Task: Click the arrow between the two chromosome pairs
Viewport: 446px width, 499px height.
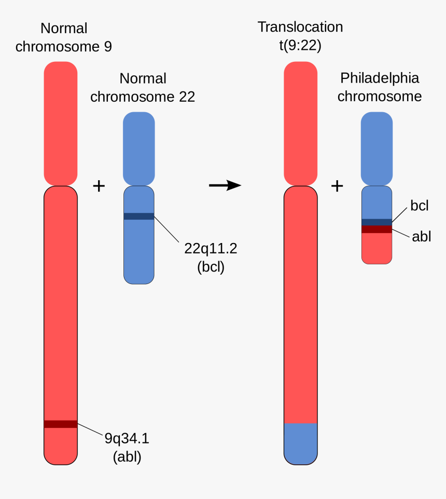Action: tap(225, 185)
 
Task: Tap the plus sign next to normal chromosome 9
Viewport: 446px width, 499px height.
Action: tap(99, 185)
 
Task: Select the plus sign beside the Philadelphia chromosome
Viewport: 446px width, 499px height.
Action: tap(337, 185)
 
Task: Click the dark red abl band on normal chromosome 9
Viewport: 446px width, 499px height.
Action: tap(61, 424)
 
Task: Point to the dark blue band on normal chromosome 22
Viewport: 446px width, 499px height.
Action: tap(138, 216)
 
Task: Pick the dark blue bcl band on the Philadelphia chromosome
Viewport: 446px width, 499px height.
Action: tap(377, 222)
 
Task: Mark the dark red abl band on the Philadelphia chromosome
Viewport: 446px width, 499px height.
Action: tap(377, 229)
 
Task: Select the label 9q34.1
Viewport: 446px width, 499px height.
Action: tap(127, 439)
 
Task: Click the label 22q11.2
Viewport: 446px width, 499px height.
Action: tap(211, 248)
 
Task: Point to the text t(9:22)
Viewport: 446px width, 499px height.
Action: tap(300, 45)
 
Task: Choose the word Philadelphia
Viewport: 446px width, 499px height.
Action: tap(380, 78)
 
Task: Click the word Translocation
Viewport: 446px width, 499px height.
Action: tap(300, 27)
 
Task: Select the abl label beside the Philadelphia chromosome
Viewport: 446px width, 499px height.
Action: tap(422, 237)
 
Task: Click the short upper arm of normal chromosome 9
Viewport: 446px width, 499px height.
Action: tap(61, 123)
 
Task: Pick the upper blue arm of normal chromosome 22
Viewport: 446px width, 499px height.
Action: tap(138, 148)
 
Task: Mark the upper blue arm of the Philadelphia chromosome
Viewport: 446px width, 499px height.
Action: tap(377, 148)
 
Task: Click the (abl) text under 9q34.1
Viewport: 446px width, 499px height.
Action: tap(127, 457)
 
